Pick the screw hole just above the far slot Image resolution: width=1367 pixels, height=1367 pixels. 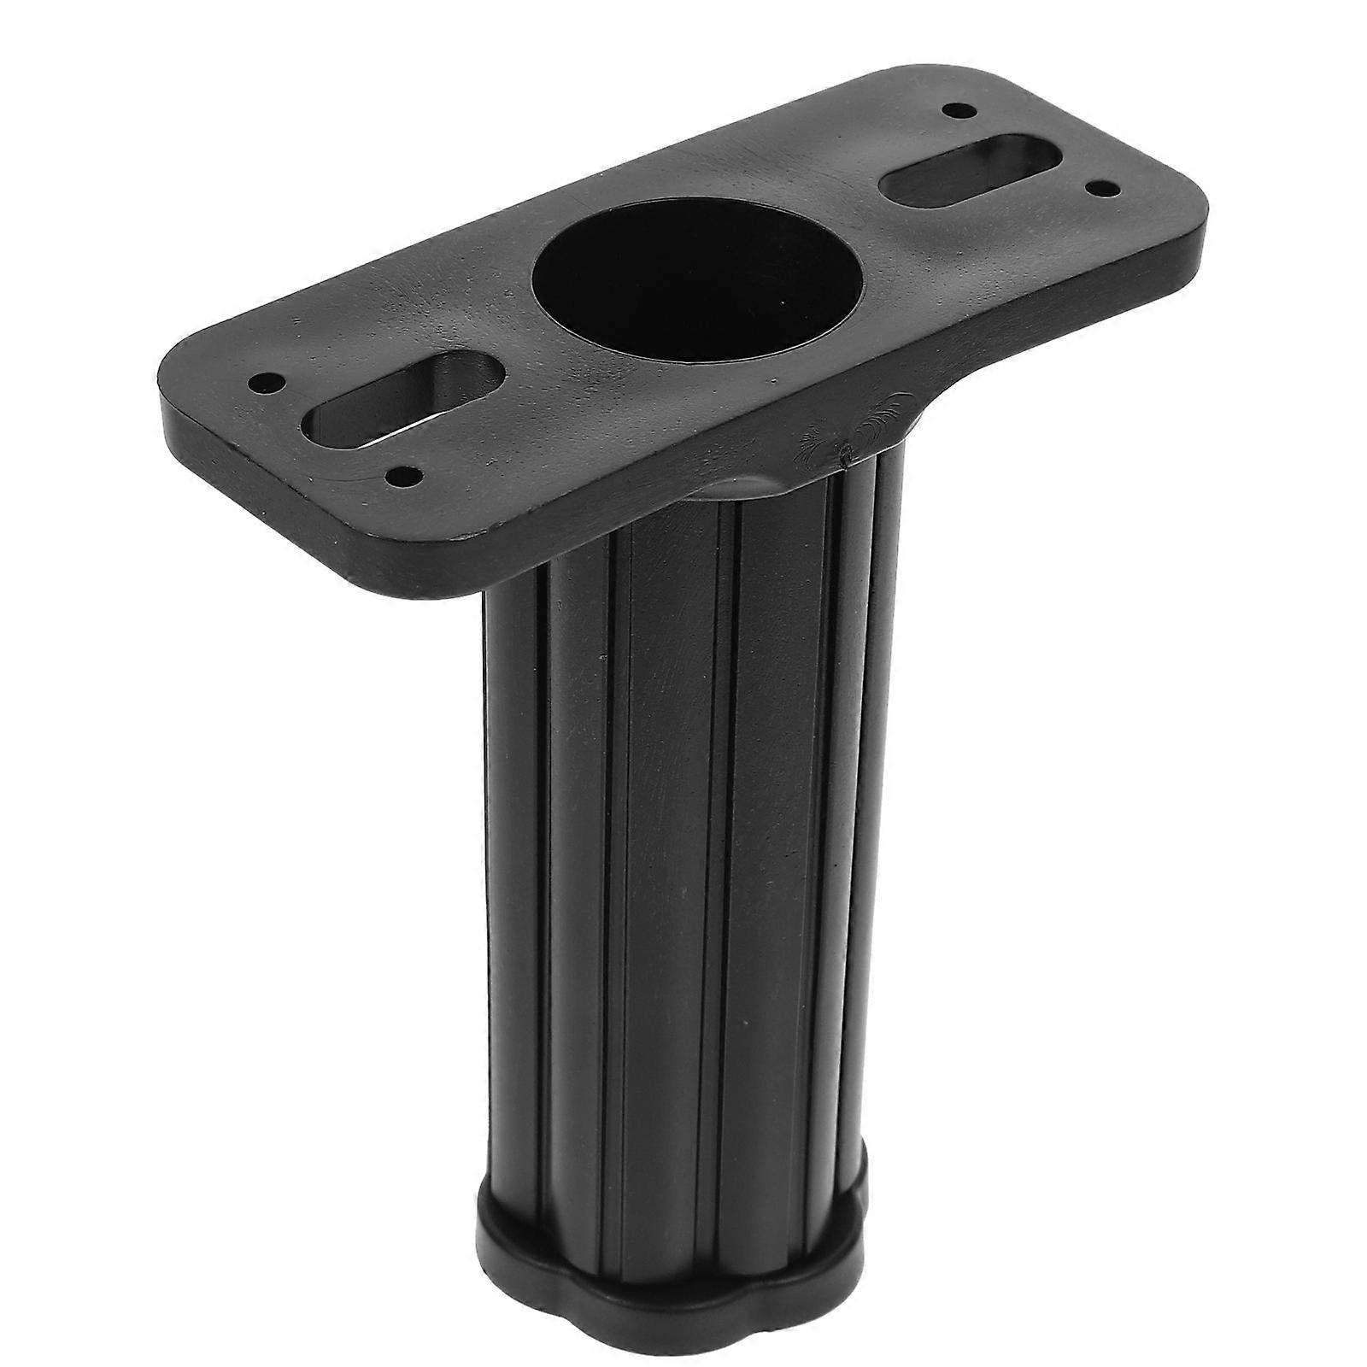pyautogui.click(x=954, y=110)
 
